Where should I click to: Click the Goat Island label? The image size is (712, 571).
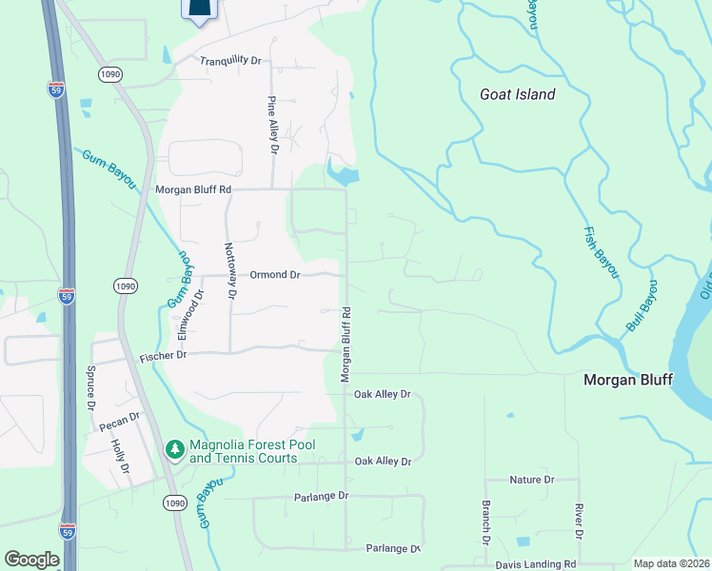tap(518, 94)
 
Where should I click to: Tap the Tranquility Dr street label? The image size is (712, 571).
tap(230, 60)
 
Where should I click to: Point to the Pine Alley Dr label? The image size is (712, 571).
tap(272, 125)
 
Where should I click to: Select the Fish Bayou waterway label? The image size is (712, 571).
tap(600, 251)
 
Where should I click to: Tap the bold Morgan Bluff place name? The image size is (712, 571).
tap(627, 380)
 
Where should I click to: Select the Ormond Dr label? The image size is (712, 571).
tap(275, 274)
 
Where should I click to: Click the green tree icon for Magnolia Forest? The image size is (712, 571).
tap(175, 448)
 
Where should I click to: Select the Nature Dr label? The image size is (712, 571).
tap(531, 480)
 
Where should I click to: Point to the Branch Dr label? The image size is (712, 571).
tap(485, 522)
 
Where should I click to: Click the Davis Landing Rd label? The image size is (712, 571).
tap(536, 564)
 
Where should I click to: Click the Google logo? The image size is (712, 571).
tap(31, 560)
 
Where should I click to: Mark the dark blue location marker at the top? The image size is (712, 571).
tap(198, 10)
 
